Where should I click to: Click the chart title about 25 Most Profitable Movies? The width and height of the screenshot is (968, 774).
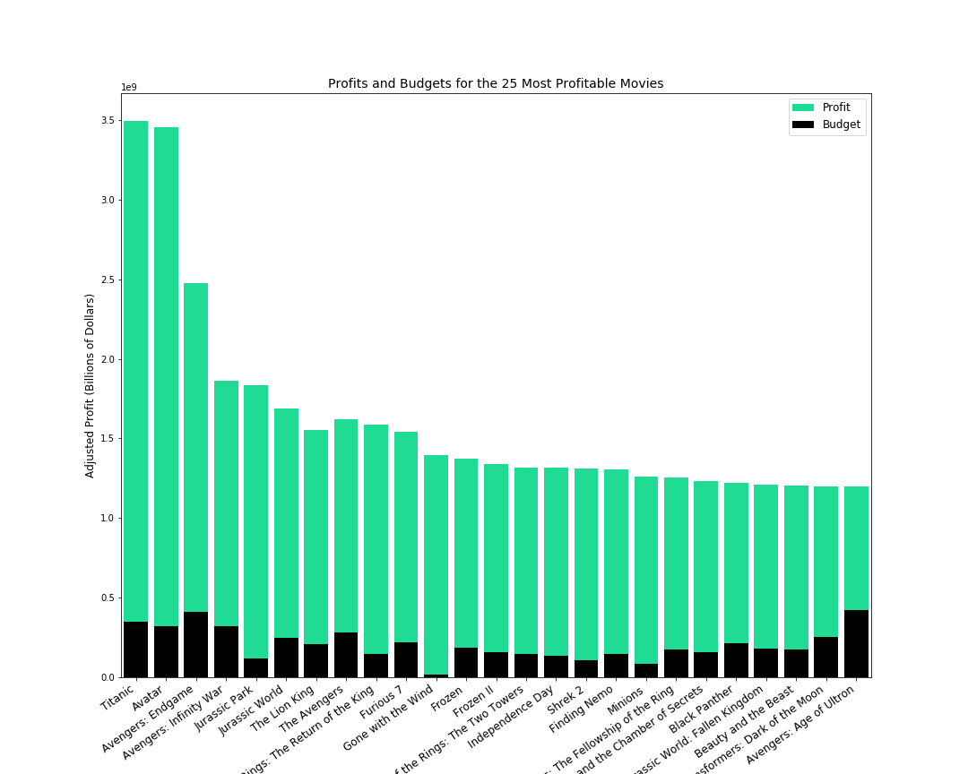pos(496,84)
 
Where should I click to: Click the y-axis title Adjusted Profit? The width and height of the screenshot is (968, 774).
pos(90,385)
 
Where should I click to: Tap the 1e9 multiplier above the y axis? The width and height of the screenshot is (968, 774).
pos(129,87)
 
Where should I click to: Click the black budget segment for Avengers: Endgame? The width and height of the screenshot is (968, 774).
pos(196,644)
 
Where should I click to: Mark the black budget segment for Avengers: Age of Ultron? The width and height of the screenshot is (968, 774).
pos(856,643)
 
